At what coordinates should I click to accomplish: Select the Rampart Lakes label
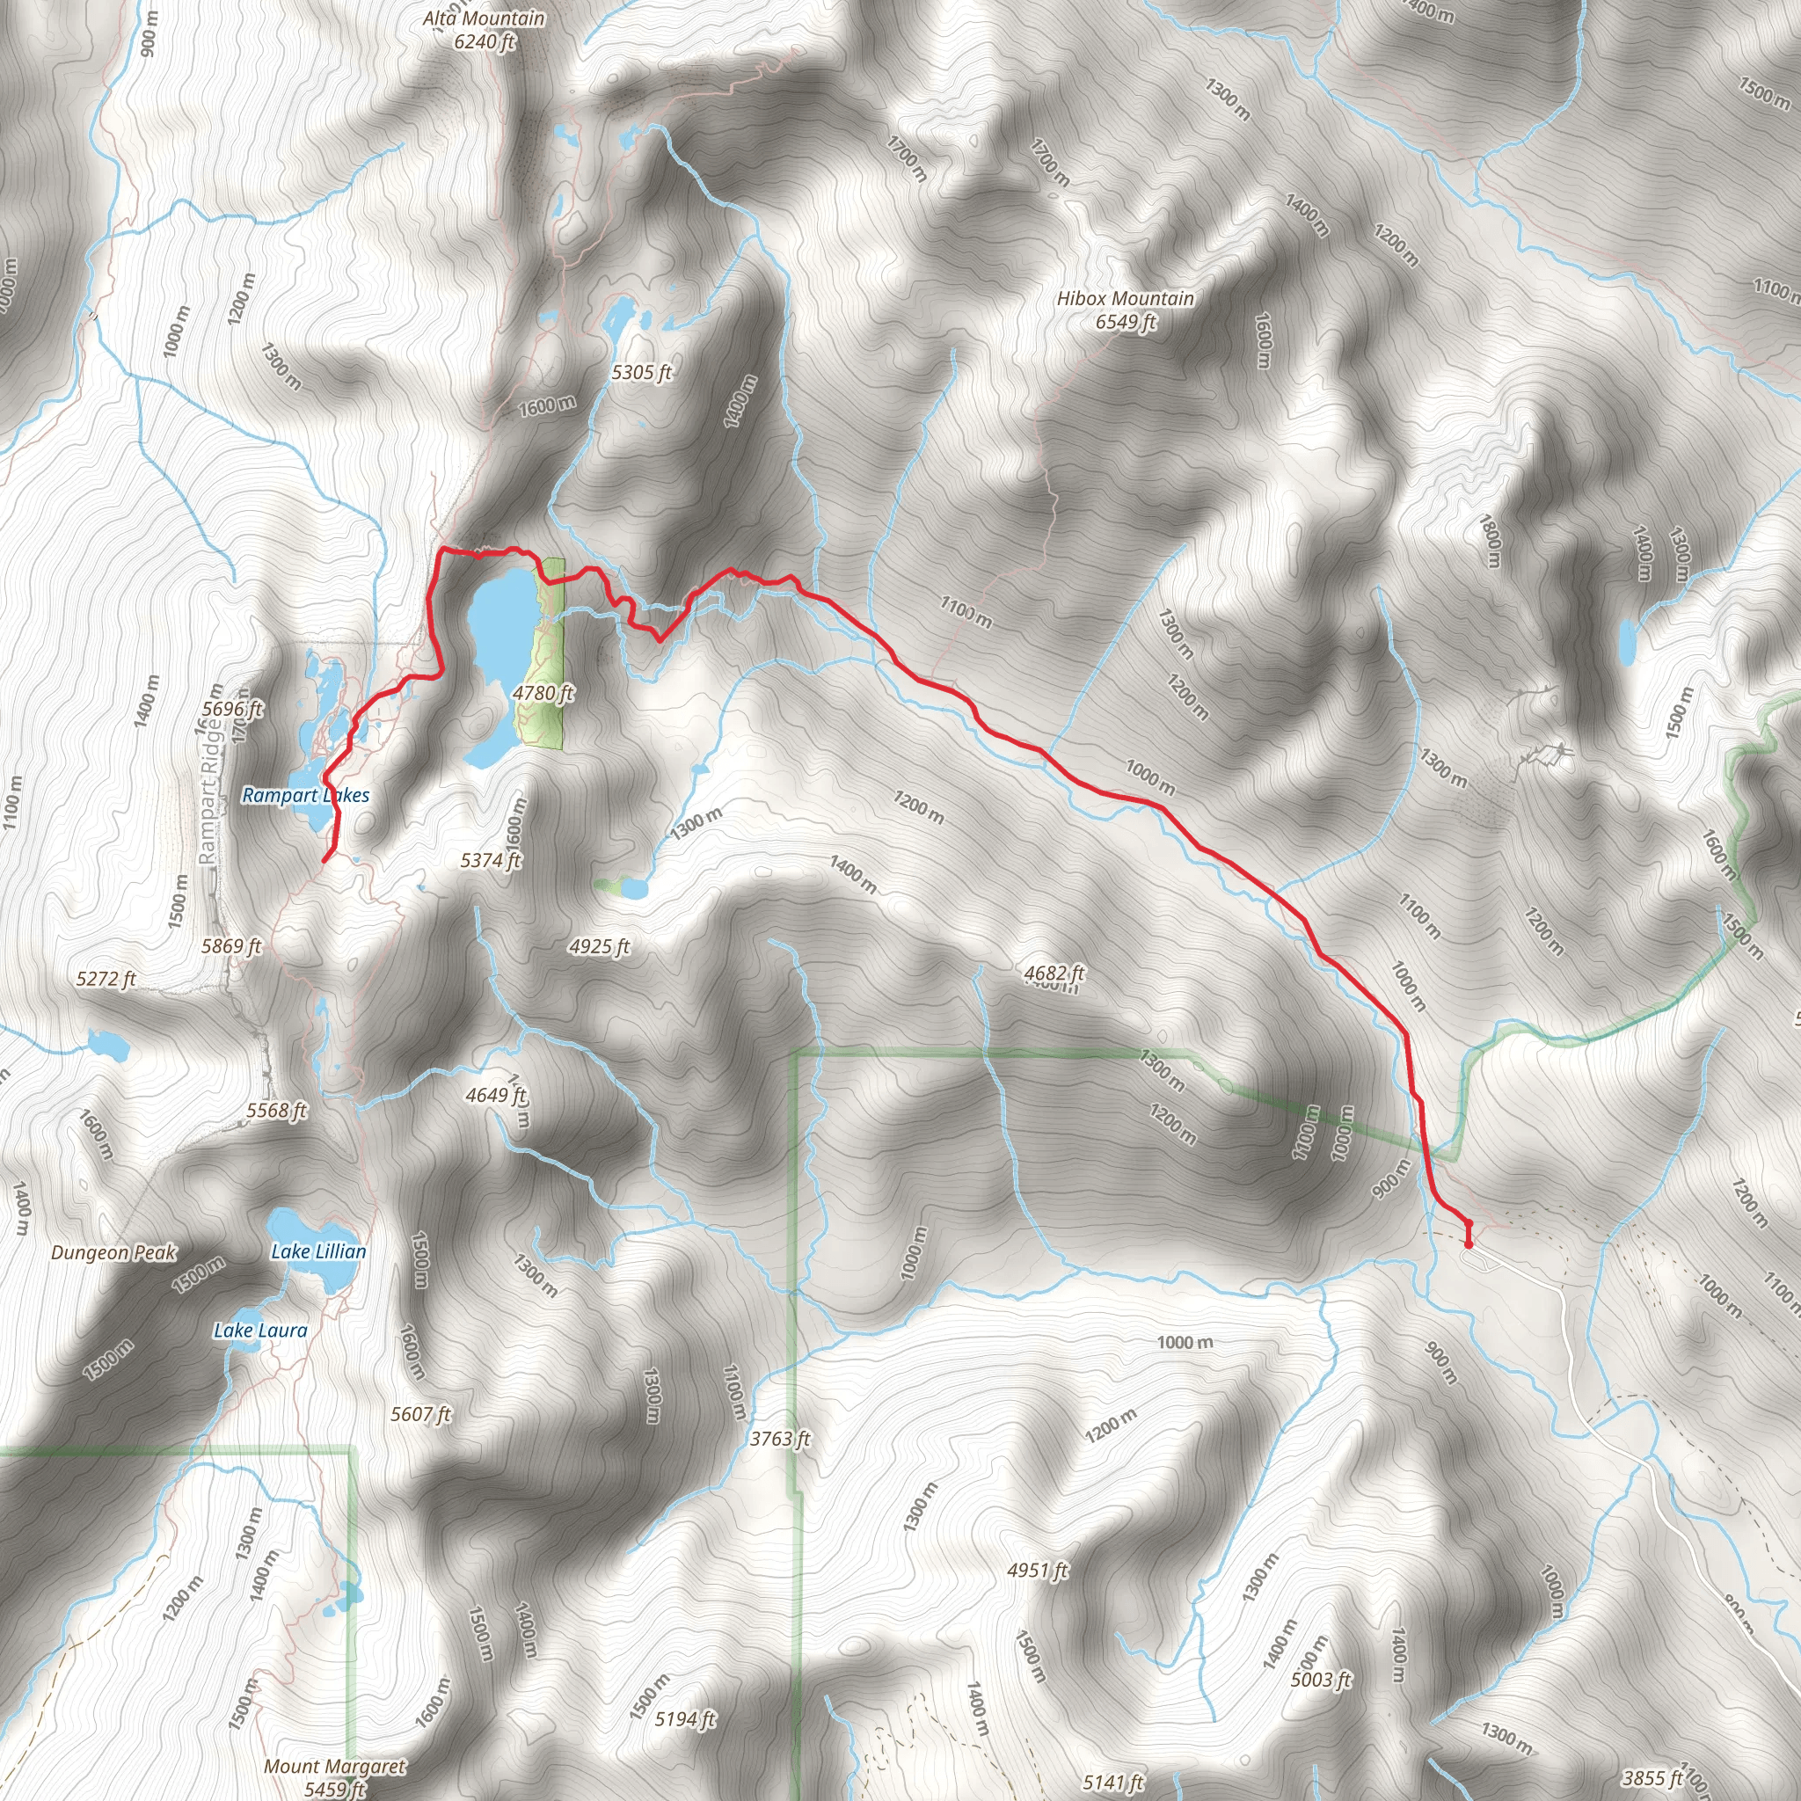click(x=306, y=795)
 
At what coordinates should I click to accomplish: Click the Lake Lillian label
click(x=319, y=1251)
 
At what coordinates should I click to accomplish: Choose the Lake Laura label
click(x=260, y=1331)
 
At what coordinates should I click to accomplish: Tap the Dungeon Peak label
click(x=113, y=1252)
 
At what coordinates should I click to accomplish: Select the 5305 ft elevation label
click(x=641, y=373)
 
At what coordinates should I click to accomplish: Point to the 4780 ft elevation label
click(x=543, y=693)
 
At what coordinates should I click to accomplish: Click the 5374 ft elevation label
click(x=491, y=859)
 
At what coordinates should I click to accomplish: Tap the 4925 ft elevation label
click(x=600, y=947)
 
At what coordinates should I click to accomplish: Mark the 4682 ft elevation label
click(x=1054, y=973)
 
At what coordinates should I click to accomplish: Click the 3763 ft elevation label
click(x=780, y=1440)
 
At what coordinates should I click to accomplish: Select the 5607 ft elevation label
click(x=420, y=1414)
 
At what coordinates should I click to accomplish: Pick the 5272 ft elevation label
click(x=106, y=978)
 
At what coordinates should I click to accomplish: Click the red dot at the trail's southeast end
click(x=1469, y=1243)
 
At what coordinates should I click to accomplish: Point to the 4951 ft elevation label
click(x=1038, y=1570)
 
